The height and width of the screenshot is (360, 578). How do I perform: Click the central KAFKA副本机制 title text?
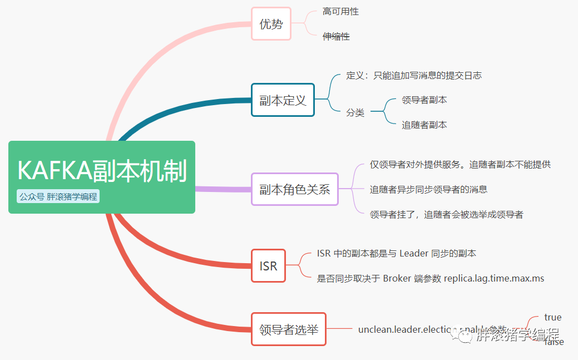coord(102,171)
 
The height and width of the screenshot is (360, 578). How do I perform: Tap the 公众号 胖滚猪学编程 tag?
coord(58,196)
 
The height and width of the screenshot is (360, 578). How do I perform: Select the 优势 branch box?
coord(271,24)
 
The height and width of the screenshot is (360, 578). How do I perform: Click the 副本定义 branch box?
coord(283,100)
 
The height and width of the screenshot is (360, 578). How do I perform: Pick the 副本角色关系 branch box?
coord(294,189)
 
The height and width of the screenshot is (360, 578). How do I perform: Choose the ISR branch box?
coord(268,265)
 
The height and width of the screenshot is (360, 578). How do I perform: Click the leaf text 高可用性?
coord(340,12)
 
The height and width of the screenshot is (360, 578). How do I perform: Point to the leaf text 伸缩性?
coord(336,37)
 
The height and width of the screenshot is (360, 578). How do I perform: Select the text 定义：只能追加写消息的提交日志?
coord(413,75)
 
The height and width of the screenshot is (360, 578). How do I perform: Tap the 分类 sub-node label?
coord(355,112)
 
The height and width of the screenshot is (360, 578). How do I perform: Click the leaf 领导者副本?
coord(424,100)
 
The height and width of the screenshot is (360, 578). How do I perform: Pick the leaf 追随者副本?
coord(424,125)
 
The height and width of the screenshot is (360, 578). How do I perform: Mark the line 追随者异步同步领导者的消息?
coord(428,189)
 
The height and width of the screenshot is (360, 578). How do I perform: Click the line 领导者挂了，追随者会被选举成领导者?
coord(446,214)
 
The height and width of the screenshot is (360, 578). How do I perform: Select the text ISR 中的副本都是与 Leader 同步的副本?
coord(396,253)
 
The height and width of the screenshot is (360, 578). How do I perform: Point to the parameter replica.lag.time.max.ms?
coord(493,278)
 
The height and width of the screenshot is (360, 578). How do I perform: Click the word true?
coord(552,317)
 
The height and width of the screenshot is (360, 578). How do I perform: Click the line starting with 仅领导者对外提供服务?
coord(460,164)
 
